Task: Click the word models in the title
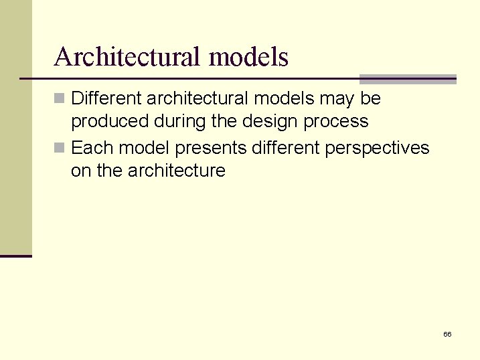click(x=248, y=58)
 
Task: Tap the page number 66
click(x=447, y=334)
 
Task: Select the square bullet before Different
click(x=60, y=99)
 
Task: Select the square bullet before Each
click(x=60, y=148)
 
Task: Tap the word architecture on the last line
click(x=177, y=171)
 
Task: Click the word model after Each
click(x=145, y=147)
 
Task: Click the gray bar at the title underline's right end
click(x=408, y=79)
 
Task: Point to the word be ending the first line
click(x=370, y=98)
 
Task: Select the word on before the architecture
click(x=80, y=171)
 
